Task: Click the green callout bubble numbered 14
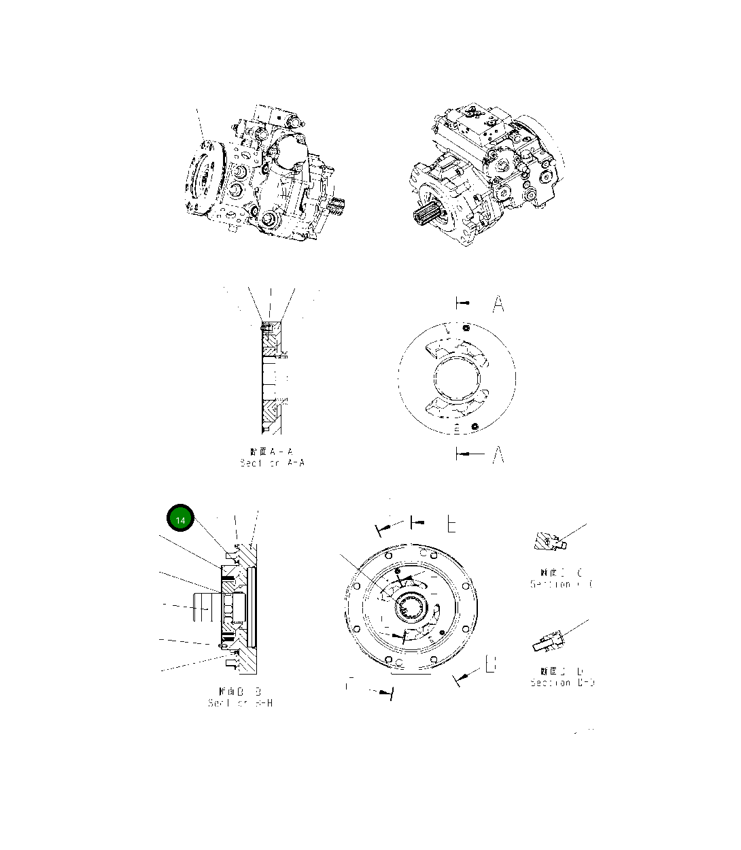tap(180, 520)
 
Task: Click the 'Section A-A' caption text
tap(272, 462)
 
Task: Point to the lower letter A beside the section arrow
tap(498, 454)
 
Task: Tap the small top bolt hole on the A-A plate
tap(466, 329)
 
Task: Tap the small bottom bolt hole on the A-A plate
tap(475, 426)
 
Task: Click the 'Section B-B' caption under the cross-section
tap(240, 702)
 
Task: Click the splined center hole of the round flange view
tap(412, 605)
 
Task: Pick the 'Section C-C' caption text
tap(562, 583)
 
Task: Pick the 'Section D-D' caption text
tap(562, 682)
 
